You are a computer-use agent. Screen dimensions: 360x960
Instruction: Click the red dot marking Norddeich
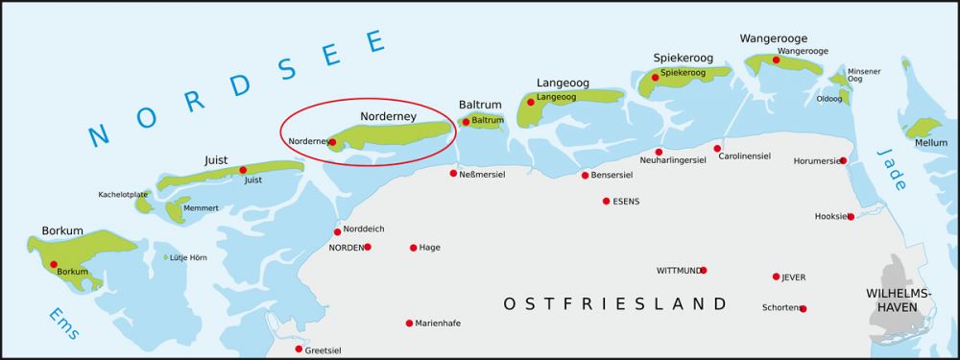click(337, 231)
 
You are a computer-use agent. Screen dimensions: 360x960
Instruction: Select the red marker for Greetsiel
click(299, 348)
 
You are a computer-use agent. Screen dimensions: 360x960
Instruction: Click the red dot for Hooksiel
click(851, 216)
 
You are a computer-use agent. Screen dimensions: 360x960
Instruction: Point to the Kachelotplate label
click(123, 195)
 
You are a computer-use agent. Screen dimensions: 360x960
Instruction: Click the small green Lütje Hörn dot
click(165, 257)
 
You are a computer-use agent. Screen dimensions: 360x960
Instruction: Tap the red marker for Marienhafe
click(409, 323)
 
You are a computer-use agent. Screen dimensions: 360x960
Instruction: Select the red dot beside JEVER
click(776, 276)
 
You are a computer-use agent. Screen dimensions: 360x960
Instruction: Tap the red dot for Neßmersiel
click(453, 174)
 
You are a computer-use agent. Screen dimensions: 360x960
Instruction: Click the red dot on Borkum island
click(54, 264)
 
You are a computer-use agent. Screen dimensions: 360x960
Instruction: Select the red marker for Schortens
click(803, 308)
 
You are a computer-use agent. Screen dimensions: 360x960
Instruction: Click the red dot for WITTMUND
click(704, 270)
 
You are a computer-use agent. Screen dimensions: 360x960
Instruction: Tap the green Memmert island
click(176, 210)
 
